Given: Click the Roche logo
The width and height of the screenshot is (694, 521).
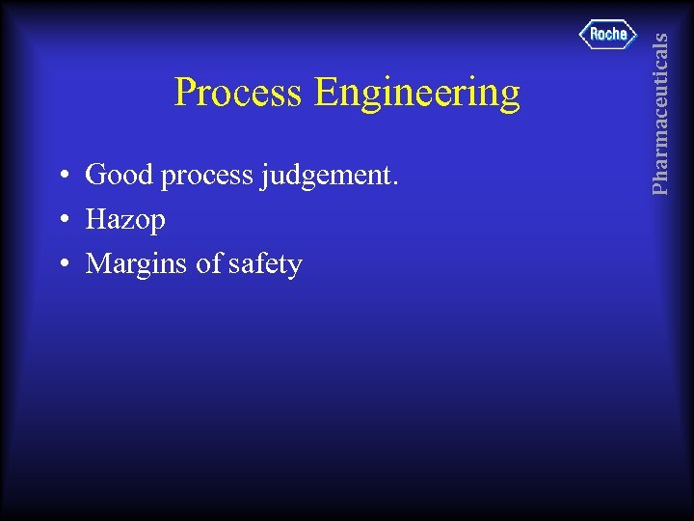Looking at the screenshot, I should [608, 34].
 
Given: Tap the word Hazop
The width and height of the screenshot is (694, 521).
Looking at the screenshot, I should [125, 221].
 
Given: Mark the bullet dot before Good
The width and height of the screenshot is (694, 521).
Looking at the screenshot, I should [61, 177].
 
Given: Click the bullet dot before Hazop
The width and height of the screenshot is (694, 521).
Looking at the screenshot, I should [61, 221].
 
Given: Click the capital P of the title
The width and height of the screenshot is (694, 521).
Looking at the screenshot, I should [185, 93].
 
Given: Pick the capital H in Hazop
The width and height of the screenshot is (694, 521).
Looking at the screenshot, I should [95, 220].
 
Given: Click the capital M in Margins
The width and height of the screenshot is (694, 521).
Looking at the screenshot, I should [98, 263].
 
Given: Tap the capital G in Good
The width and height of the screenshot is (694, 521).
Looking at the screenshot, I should [95, 176].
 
